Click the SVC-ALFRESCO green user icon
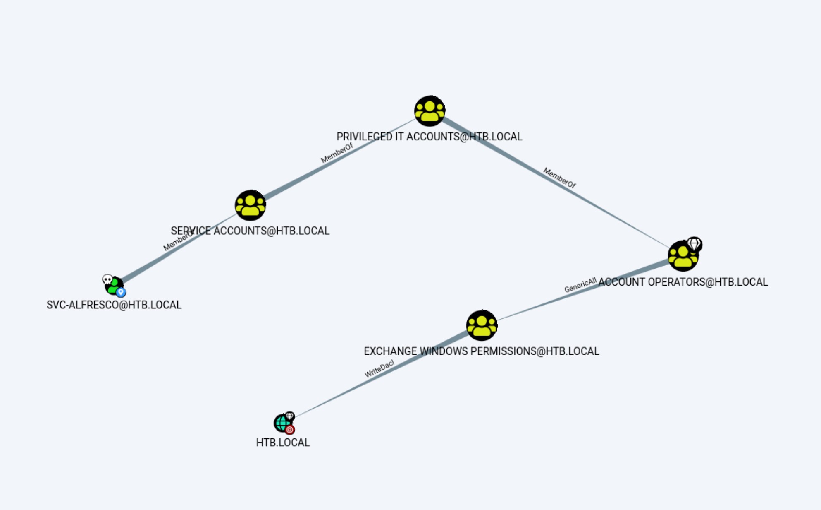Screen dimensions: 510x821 click(x=114, y=285)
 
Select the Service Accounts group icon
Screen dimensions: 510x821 click(x=250, y=205)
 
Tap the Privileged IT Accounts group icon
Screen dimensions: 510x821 click(x=430, y=111)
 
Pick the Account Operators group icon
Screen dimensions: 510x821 click(x=683, y=256)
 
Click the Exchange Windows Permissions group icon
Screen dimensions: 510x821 click(x=482, y=325)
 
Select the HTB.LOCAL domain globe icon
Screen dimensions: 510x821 click(x=282, y=423)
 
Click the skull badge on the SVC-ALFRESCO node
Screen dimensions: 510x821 click(x=107, y=279)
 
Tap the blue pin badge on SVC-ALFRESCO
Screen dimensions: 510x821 click(x=121, y=292)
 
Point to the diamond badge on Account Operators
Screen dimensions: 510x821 click(x=694, y=244)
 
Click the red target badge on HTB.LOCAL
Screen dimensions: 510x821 click(x=290, y=430)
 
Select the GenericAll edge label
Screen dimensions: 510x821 click(x=580, y=285)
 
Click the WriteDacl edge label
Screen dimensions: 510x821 click(x=379, y=369)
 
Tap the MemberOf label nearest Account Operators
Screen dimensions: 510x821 click(x=559, y=178)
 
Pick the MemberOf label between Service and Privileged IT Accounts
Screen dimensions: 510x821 click(x=337, y=153)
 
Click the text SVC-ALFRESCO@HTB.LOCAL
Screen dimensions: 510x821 click(x=114, y=305)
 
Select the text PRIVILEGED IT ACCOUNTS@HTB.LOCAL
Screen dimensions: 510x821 click(x=430, y=137)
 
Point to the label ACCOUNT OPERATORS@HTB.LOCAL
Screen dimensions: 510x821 click(x=683, y=282)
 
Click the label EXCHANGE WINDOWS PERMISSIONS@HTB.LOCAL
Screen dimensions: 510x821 click(x=482, y=351)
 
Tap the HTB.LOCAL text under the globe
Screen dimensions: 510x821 click(x=283, y=443)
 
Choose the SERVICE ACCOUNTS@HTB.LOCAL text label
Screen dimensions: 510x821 click(x=250, y=231)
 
